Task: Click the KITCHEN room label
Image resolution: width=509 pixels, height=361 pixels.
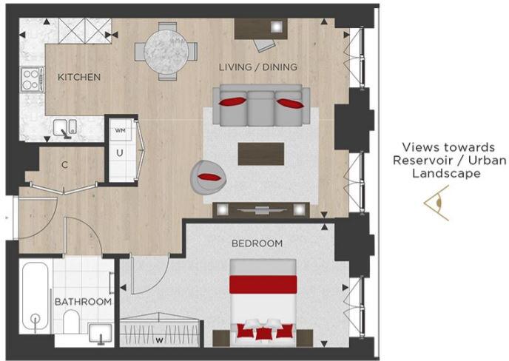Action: click(x=79, y=77)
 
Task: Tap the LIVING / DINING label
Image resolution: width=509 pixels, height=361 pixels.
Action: click(x=257, y=67)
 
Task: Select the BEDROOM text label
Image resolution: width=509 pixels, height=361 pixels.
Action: click(x=257, y=243)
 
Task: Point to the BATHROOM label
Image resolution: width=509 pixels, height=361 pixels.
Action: click(x=84, y=303)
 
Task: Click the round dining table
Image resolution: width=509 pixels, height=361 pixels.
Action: click(x=166, y=50)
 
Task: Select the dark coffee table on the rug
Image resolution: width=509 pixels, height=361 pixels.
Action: click(x=260, y=154)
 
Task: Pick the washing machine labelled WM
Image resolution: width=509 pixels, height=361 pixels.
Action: click(x=121, y=131)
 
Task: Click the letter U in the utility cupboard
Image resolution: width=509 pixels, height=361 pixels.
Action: click(x=119, y=154)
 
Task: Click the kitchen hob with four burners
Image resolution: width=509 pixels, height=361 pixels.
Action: click(x=32, y=79)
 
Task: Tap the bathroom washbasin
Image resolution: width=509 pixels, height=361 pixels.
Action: click(x=100, y=334)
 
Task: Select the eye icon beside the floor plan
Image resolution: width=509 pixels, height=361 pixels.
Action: click(x=436, y=203)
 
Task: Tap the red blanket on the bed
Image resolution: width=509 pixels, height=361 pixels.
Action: click(x=263, y=284)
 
